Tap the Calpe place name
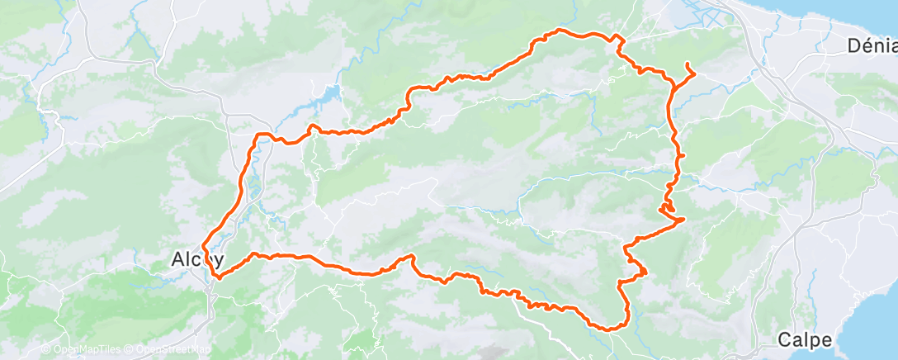tap(805, 339)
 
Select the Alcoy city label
tap(197, 258)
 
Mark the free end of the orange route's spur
tap(687, 64)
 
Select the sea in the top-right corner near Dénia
tap(875, 12)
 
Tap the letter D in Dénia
tap(853, 45)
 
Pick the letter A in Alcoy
tap(177, 258)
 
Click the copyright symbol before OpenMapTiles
tap(45, 349)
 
